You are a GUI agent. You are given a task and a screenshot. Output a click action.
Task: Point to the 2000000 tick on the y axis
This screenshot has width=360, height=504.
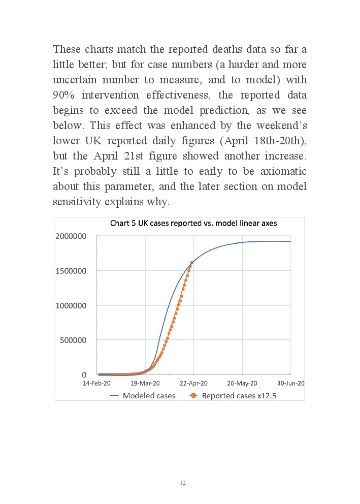(x=71, y=236)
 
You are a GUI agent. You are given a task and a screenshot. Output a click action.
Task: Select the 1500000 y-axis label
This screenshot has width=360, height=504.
(x=71, y=271)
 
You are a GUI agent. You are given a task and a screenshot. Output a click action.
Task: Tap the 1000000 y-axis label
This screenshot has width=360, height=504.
(x=71, y=305)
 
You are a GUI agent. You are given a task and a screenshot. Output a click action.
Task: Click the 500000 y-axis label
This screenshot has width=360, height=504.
(x=74, y=340)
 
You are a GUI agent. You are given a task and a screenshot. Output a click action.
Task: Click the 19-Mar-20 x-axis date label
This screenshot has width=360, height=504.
(x=145, y=384)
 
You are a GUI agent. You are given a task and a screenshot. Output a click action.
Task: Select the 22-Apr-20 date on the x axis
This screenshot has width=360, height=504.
(x=194, y=384)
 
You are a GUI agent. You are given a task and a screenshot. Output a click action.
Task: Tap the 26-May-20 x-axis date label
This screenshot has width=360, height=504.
(x=242, y=384)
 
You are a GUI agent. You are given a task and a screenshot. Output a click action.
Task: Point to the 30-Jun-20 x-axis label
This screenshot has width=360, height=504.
(x=289, y=384)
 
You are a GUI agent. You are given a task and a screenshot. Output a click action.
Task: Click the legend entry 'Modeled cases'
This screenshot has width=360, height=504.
(x=149, y=395)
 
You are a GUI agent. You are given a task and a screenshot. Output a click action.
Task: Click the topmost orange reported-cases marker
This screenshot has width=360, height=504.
(x=191, y=263)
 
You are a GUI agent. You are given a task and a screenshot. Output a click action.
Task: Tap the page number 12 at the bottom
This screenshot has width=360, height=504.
(x=183, y=482)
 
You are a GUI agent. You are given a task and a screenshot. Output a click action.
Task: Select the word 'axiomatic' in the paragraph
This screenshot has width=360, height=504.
(x=282, y=171)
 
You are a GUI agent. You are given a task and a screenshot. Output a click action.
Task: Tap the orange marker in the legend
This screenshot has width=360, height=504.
(x=193, y=395)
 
